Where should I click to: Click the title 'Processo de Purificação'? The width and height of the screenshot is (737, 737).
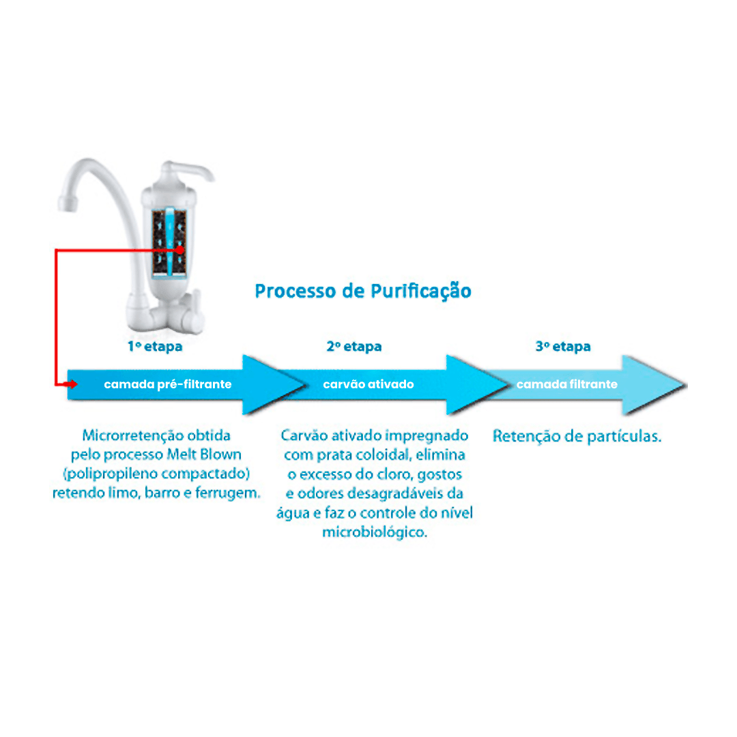coord(363,291)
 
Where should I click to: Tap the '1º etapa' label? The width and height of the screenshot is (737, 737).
coord(155,347)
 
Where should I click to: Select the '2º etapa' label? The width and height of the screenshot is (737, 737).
coord(354,347)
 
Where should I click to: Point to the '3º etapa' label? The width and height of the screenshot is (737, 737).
coord(563,347)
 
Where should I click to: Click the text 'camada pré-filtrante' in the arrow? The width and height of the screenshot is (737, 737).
coord(168,384)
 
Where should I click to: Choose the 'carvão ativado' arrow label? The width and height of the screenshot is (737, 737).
coord(369,384)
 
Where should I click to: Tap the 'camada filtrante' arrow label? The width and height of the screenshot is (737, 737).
coord(567,384)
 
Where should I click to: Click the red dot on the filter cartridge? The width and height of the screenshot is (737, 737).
coord(179,250)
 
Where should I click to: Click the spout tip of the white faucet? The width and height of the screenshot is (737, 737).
coord(67,203)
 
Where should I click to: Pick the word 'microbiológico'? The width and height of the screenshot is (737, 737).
coord(374,532)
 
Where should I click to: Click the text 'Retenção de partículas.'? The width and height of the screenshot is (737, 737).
coord(577,436)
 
